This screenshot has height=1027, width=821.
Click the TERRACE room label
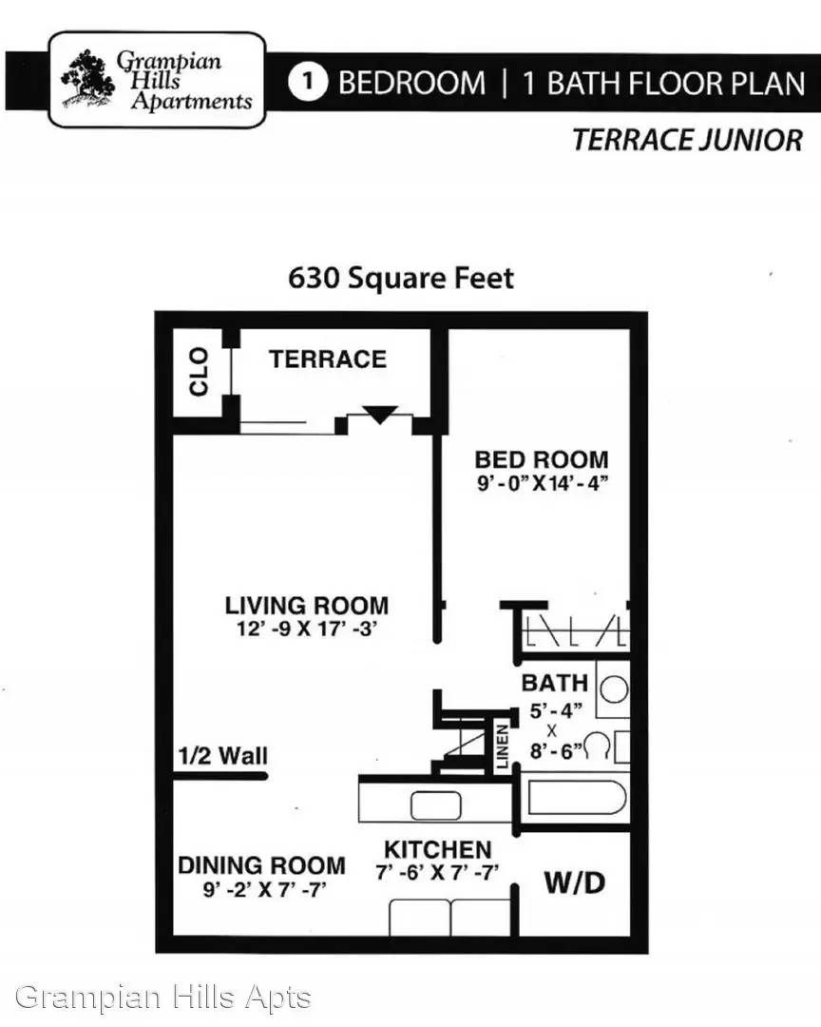click(x=327, y=358)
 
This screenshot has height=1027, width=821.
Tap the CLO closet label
click(x=199, y=372)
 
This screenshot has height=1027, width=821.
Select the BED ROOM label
click(x=542, y=459)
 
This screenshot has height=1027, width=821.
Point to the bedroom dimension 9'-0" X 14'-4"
click(x=543, y=483)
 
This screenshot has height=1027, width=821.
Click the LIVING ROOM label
click(x=307, y=605)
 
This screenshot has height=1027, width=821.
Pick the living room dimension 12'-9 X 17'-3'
click(x=307, y=629)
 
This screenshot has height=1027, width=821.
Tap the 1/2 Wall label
click(x=223, y=756)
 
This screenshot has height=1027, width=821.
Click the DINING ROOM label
click(x=261, y=865)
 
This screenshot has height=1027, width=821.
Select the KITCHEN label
click(x=437, y=849)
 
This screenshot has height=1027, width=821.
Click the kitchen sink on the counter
click(x=435, y=805)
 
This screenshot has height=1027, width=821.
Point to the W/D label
click(x=575, y=882)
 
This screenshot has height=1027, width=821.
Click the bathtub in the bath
click(x=577, y=797)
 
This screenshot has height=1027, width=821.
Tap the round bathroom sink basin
click(x=614, y=689)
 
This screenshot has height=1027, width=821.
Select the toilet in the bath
click(x=604, y=746)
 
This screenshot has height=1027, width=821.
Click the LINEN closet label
click(x=502, y=746)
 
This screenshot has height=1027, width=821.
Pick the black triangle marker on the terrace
click(x=380, y=415)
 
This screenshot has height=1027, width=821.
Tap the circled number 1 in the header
click(x=307, y=83)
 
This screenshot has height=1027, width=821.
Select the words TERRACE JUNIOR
click(x=687, y=140)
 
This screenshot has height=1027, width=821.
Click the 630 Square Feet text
click(x=401, y=279)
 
